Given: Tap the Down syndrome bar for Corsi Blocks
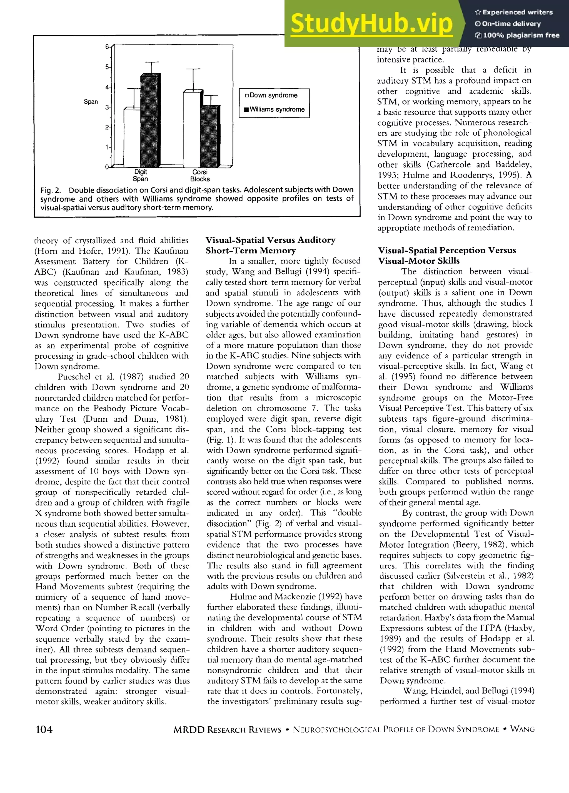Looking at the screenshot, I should click(192, 129).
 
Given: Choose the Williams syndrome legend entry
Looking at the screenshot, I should click(274, 109).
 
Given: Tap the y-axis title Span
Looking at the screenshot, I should click(91, 102).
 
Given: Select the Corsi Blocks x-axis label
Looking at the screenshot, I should click(200, 176).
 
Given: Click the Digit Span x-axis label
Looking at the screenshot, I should click(140, 176).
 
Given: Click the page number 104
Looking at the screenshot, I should click(44, 729).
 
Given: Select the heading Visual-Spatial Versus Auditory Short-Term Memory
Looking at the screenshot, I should click(270, 245).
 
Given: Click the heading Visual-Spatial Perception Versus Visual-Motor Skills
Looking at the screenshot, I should click(446, 256).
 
